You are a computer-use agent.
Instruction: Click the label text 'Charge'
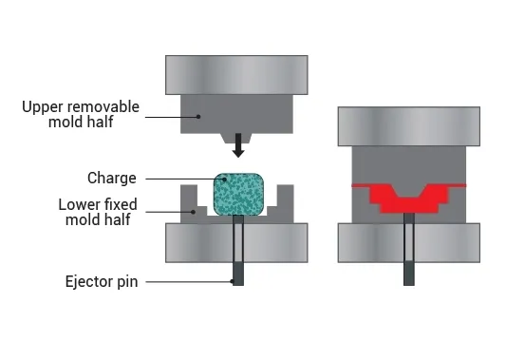(113, 178)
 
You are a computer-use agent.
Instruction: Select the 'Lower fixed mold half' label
(93, 212)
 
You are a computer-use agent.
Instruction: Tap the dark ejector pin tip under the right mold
(409, 275)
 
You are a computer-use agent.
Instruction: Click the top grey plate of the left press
(236, 74)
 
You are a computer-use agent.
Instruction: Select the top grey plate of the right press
(409, 125)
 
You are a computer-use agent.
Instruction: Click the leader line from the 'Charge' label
(180, 178)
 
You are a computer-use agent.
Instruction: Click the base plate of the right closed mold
(409, 241)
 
